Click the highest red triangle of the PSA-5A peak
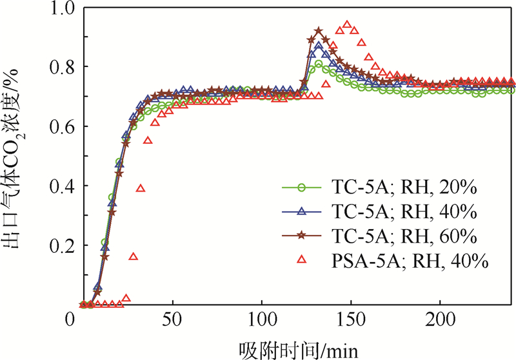pyautogui.click(x=347, y=25)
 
